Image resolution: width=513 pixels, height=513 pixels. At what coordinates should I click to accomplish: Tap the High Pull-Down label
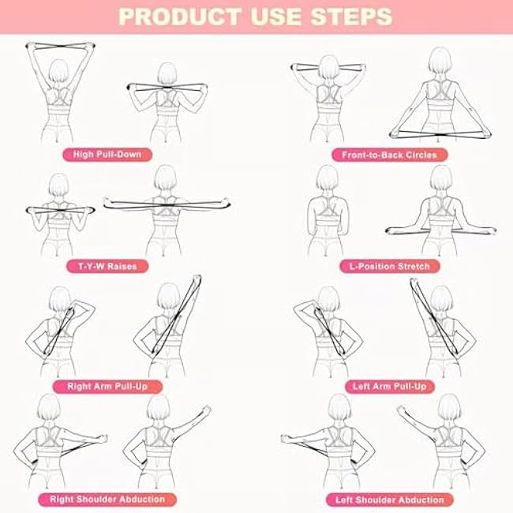107,154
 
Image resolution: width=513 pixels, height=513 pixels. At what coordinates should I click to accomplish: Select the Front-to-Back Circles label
389,155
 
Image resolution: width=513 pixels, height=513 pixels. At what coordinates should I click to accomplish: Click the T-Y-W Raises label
106,266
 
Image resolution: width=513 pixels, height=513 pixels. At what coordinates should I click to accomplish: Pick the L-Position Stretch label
389,267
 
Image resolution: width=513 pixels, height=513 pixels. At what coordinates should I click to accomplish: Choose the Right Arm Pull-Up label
107,387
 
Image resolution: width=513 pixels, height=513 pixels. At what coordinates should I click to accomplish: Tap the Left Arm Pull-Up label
389,387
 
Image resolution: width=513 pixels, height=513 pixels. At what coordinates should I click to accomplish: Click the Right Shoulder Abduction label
107,499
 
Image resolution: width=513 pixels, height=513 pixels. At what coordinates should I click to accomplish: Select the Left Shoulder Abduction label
389,499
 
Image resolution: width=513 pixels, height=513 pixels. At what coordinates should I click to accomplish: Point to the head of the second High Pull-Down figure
166,74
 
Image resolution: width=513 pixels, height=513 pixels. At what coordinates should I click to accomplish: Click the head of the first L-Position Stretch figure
328,180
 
